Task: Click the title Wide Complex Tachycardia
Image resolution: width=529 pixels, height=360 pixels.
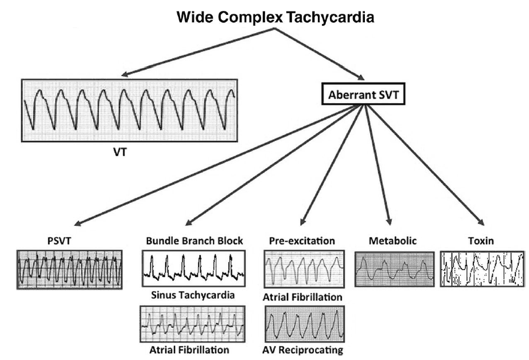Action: (x=276, y=18)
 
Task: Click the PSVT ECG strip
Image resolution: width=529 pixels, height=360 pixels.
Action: (x=69, y=269)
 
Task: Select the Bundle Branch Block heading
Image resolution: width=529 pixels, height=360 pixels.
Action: (x=195, y=240)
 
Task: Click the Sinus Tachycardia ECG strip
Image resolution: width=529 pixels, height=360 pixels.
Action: (x=194, y=268)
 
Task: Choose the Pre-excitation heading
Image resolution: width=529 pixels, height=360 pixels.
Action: (x=304, y=240)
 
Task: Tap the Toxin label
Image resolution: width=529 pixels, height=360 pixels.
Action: (x=483, y=240)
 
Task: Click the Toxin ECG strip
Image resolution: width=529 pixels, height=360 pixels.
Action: (x=483, y=268)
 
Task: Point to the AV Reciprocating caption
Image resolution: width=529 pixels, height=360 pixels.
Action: (x=304, y=350)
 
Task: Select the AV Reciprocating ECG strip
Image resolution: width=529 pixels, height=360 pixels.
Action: (x=304, y=324)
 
